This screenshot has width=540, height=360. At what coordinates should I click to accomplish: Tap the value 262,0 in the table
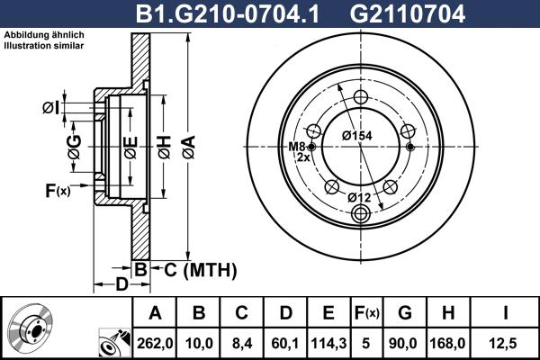[154, 341]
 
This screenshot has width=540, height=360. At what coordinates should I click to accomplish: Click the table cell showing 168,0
[451, 341]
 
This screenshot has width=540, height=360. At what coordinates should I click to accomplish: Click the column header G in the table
[404, 312]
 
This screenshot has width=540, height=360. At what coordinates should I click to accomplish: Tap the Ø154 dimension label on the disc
[358, 135]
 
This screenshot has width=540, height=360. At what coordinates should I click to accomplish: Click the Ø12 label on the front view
[359, 197]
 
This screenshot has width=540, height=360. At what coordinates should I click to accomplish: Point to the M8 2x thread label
[297, 152]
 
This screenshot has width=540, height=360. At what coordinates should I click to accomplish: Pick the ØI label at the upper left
[50, 109]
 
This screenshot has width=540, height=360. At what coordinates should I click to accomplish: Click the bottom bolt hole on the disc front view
[362, 213]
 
